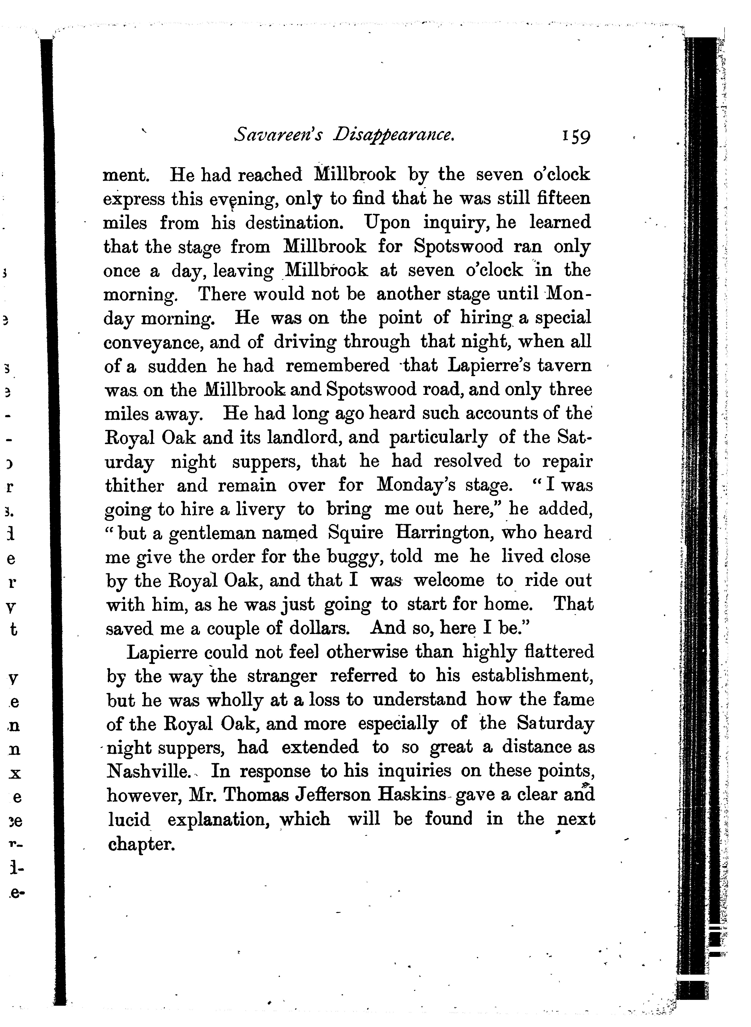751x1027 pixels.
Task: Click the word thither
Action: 134,486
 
